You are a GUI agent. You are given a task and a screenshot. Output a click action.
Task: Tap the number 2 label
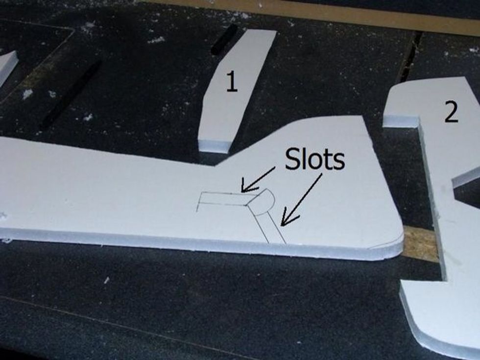click(x=451, y=113)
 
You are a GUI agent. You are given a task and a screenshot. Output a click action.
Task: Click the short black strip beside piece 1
click(x=224, y=39)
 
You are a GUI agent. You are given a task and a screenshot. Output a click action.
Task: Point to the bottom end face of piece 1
click(x=215, y=146)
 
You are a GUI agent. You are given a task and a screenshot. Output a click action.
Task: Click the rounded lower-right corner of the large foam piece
click(x=392, y=245)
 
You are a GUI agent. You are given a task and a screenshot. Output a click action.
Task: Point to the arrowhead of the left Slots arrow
click(x=243, y=189)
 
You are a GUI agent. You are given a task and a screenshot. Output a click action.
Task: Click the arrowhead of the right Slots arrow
click(x=283, y=223)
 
